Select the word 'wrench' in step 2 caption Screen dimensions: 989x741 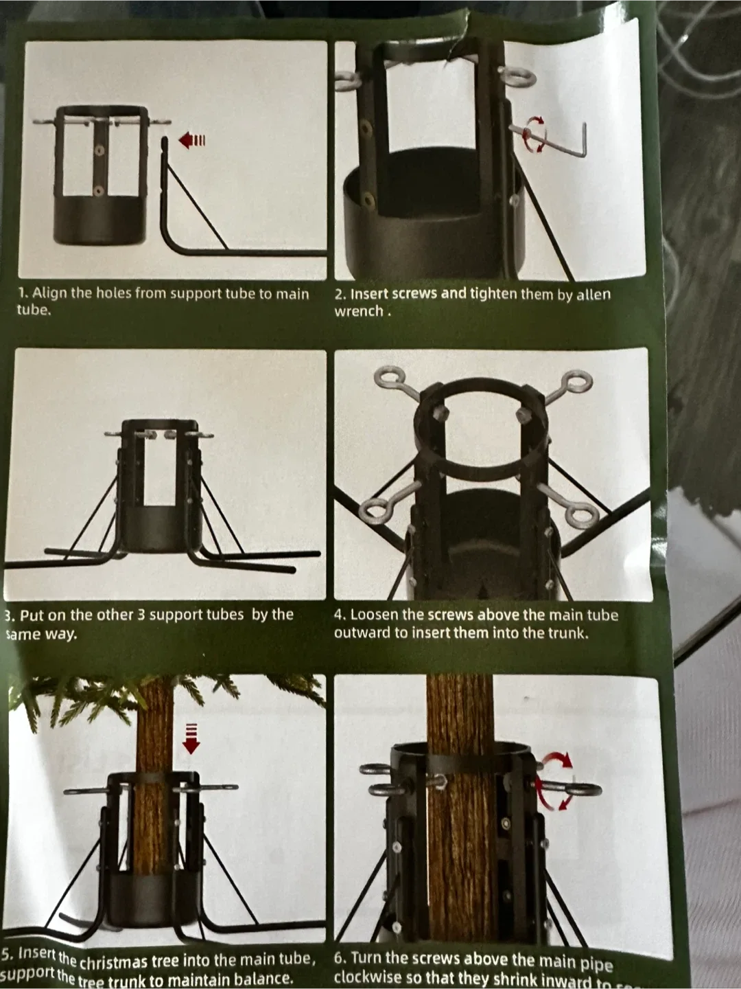point(358,311)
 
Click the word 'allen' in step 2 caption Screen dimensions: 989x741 point(593,295)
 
